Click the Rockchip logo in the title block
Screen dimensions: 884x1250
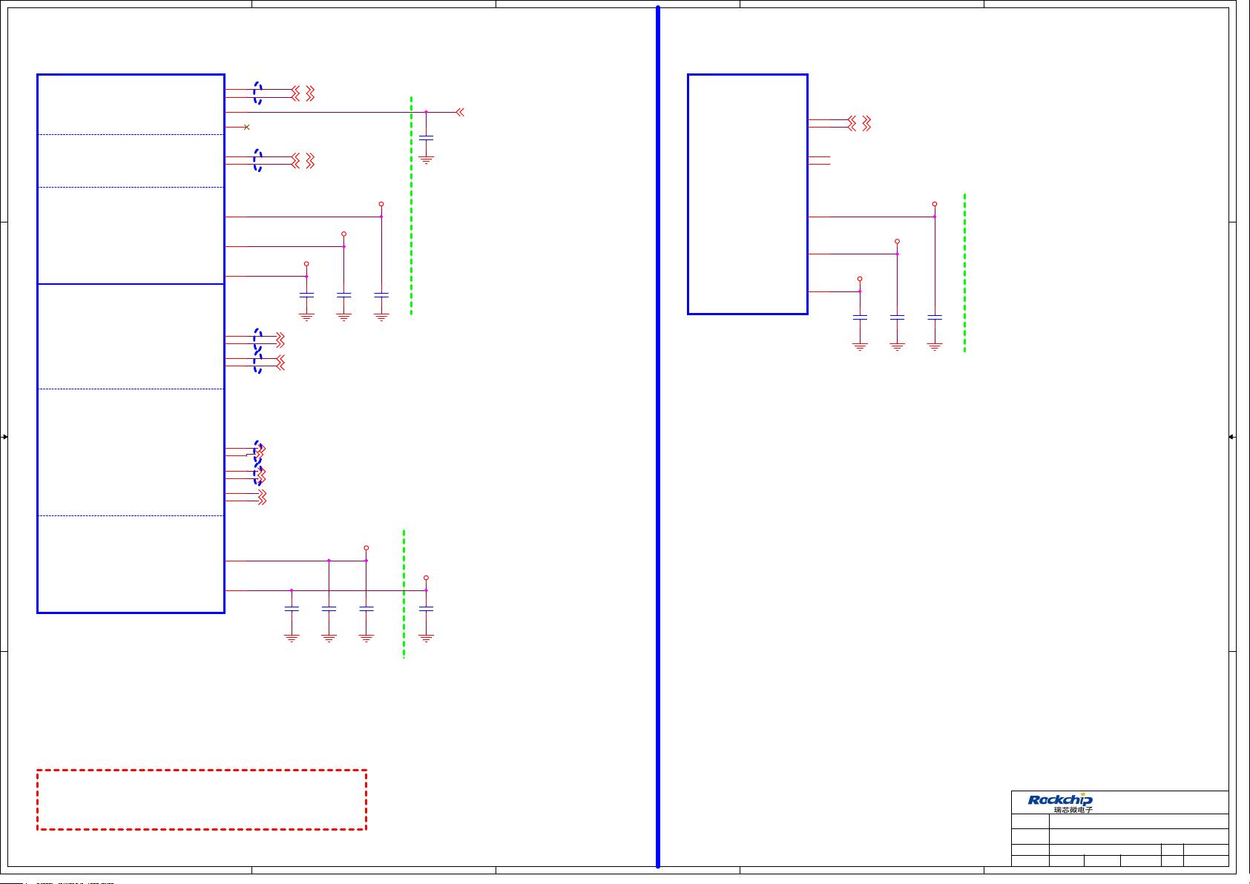(1059, 799)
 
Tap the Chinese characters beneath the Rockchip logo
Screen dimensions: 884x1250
(1073, 810)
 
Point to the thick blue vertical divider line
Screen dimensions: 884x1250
(658, 445)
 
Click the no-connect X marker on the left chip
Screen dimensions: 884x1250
(246, 128)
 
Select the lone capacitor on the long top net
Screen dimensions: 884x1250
(426, 137)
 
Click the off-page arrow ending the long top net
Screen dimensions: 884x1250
(460, 112)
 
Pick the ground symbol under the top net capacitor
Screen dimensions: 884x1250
(426, 159)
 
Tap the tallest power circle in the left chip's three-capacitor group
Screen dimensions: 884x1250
(381, 204)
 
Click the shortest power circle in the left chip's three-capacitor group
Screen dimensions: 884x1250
(306, 264)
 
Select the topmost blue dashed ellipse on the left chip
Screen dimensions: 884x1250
(257, 93)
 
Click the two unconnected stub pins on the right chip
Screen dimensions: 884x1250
(819, 160)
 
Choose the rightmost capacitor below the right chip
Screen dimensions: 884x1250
(935, 317)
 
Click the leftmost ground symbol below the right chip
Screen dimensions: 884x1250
(860, 346)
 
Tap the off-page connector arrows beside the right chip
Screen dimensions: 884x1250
(860, 123)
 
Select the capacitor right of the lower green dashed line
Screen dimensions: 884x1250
(426, 608)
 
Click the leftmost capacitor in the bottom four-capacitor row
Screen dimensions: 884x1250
(292, 608)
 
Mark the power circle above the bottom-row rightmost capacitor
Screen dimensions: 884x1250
(426, 578)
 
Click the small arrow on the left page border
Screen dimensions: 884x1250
(4, 437)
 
